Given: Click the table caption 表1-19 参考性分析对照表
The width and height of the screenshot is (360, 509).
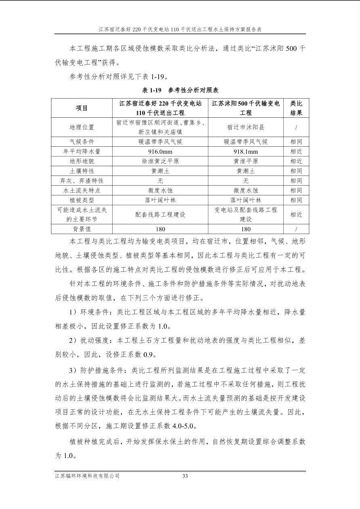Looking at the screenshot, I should point(180,90).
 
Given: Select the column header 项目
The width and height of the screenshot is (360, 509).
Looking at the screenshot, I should point(82,108).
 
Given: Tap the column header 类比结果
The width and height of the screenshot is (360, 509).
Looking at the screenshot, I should point(296,108).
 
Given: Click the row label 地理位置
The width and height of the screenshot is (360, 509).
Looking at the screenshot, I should point(82,127).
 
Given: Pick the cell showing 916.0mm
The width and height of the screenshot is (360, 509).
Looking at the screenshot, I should point(160,152).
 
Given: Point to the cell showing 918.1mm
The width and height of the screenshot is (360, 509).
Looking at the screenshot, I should point(245,152).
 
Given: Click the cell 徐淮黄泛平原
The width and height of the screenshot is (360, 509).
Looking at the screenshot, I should point(160,161).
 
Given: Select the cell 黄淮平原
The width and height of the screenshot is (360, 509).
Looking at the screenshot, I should point(245,161).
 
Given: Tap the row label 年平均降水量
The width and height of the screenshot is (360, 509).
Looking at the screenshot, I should point(82,152).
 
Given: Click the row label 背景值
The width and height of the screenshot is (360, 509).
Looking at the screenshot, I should point(82,229).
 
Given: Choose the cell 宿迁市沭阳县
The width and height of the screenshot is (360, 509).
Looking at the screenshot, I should point(245,127).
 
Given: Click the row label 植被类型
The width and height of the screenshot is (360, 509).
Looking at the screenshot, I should point(82,200).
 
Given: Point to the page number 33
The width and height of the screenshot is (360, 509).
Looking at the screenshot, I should point(185,476).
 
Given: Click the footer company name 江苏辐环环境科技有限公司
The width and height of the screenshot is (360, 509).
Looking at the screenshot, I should point(88,476).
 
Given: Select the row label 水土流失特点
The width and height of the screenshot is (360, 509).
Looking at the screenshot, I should point(82,190).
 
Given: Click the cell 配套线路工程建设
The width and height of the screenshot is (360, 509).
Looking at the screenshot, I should point(160,215).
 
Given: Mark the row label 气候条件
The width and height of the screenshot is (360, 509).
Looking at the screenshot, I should point(82,142).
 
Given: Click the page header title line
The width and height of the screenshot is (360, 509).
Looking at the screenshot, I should point(180,29).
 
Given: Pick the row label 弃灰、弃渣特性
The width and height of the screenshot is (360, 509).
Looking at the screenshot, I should point(82,181).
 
